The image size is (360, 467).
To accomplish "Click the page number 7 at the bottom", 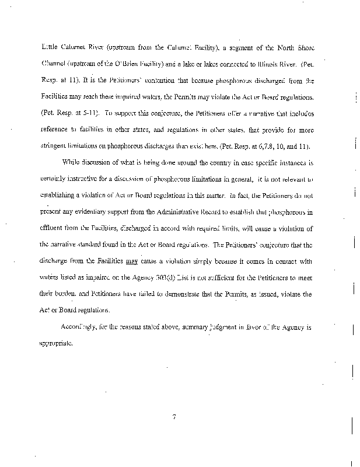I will (x=174, y=417).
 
